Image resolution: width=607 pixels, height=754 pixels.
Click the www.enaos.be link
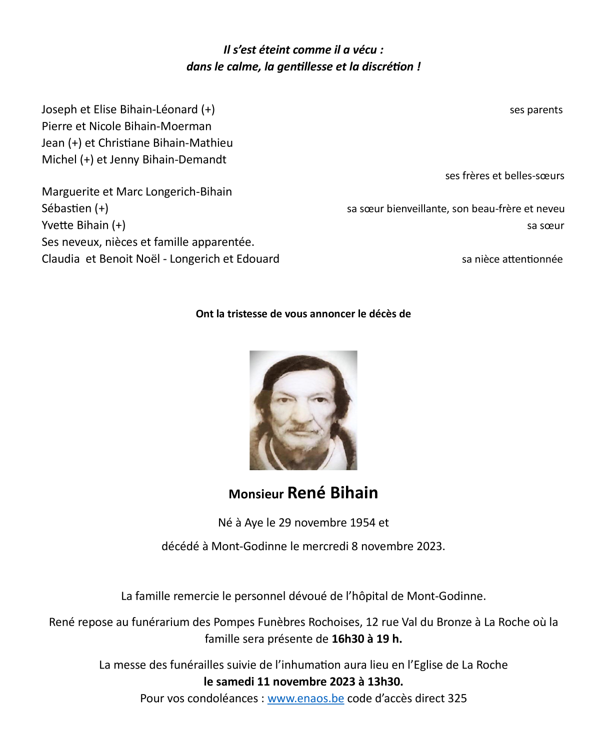[305, 699]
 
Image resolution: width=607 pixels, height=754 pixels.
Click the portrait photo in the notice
[303, 410]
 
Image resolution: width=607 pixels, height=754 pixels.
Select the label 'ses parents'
[536, 110]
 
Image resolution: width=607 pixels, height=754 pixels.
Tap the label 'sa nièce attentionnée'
[512, 259]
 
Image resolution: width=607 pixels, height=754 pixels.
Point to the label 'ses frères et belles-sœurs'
[504, 176]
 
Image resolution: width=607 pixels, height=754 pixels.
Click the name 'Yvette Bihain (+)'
[83, 225]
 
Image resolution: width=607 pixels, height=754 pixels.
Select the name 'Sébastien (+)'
[75, 208]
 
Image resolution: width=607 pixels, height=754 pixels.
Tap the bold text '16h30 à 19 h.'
[366, 639]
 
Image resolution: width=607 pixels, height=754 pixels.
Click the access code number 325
[457, 699]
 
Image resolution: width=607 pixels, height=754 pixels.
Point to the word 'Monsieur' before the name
[256, 494]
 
